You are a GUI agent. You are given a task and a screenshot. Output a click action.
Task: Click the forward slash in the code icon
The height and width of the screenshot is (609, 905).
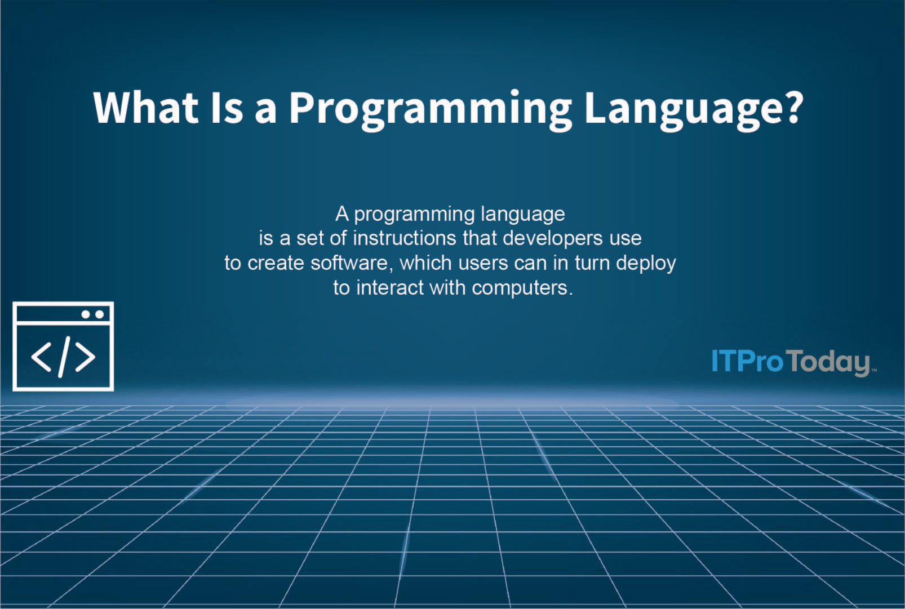[64, 357]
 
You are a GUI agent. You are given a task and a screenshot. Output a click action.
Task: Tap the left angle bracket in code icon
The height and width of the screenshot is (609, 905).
[41, 357]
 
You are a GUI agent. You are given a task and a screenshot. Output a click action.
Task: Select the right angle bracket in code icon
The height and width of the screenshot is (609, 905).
[85, 357]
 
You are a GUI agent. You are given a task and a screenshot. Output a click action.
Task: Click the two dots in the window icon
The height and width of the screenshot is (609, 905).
[92, 314]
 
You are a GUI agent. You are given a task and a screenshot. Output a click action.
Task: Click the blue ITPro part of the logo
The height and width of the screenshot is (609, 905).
[747, 361]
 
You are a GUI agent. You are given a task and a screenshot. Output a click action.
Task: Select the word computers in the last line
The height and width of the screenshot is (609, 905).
[521, 288]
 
